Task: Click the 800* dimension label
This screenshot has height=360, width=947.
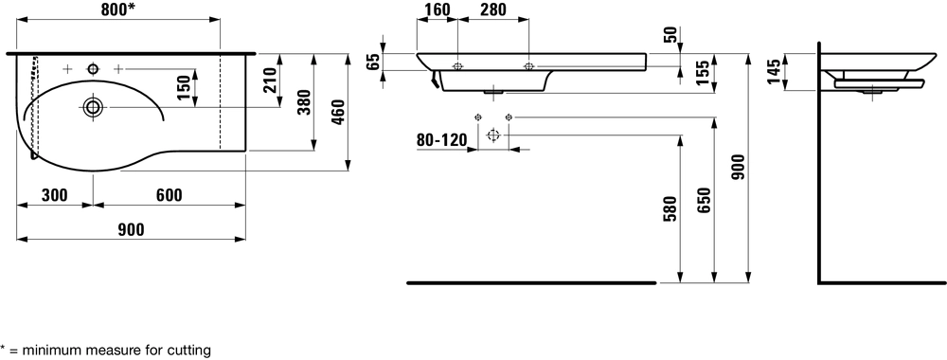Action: pos(118,9)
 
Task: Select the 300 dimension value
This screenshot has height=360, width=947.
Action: pos(54,195)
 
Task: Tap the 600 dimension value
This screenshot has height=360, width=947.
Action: pos(170,195)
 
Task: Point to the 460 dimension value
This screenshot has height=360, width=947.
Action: pos(338,112)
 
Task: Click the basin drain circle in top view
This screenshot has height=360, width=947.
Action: pos(93,107)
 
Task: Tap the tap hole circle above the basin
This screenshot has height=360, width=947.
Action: pos(93,69)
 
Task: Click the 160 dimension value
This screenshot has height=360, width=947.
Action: pos(438,9)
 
